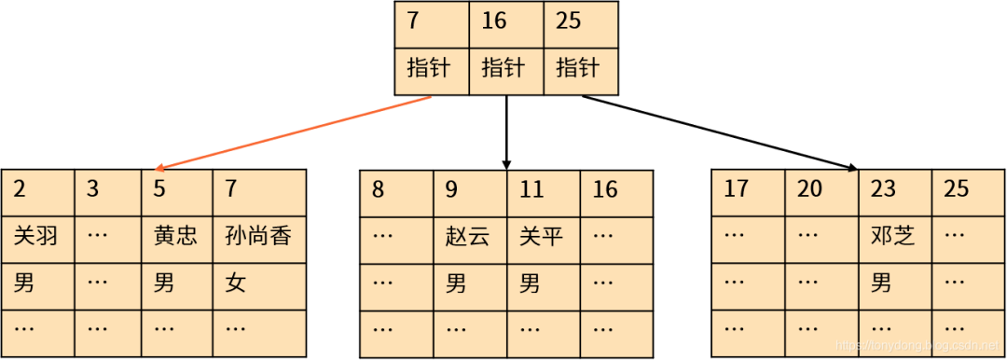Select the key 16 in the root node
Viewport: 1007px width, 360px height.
click(494, 21)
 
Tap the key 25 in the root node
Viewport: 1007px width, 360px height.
click(569, 21)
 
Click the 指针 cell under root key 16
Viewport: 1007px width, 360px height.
click(504, 68)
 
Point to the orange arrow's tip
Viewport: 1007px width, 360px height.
click(155, 169)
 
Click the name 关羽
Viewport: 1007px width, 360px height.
click(36, 236)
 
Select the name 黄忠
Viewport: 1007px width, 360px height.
click(175, 236)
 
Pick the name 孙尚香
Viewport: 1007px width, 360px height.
click(258, 236)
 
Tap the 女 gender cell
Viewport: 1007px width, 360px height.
click(236, 283)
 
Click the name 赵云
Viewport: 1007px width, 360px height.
click(467, 236)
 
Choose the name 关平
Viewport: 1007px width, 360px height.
click(541, 236)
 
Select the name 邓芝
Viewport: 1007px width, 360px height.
click(892, 236)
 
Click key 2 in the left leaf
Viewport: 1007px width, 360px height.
click(20, 189)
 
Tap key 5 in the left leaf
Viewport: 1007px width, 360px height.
click(159, 189)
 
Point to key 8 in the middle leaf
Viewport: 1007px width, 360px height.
click(378, 189)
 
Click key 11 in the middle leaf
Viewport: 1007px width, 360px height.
click(531, 189)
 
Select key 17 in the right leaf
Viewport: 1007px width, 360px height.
click(737, 189)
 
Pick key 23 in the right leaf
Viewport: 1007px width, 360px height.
click(883, 189)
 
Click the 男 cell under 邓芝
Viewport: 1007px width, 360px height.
click(881, 283)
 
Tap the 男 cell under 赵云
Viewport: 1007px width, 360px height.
click(456, 283)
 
